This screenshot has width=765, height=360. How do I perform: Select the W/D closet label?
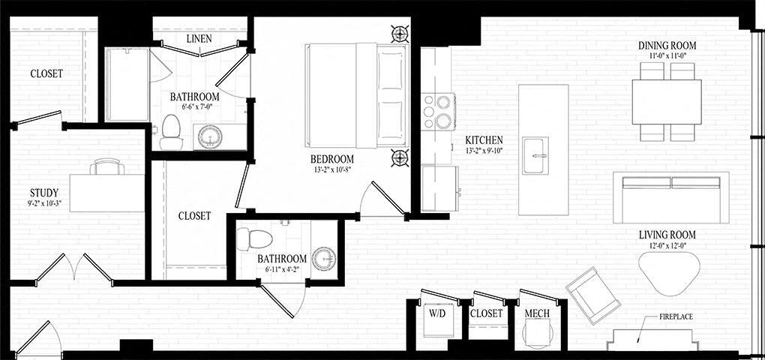(x=436, y=313)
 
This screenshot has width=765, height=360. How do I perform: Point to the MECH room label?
(x=538, y=313)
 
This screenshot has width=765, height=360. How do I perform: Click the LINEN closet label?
(x=199, y=38)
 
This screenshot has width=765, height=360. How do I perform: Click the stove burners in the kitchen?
(x=437, y=111)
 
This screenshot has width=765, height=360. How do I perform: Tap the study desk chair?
(x=108, y=166)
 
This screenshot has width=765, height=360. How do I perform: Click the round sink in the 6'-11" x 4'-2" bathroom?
(x=325, y=258)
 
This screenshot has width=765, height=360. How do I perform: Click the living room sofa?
(x=670, y=196)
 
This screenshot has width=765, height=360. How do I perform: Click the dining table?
(x=667, y=102)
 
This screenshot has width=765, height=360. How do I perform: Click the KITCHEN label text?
(x=484, y=140)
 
